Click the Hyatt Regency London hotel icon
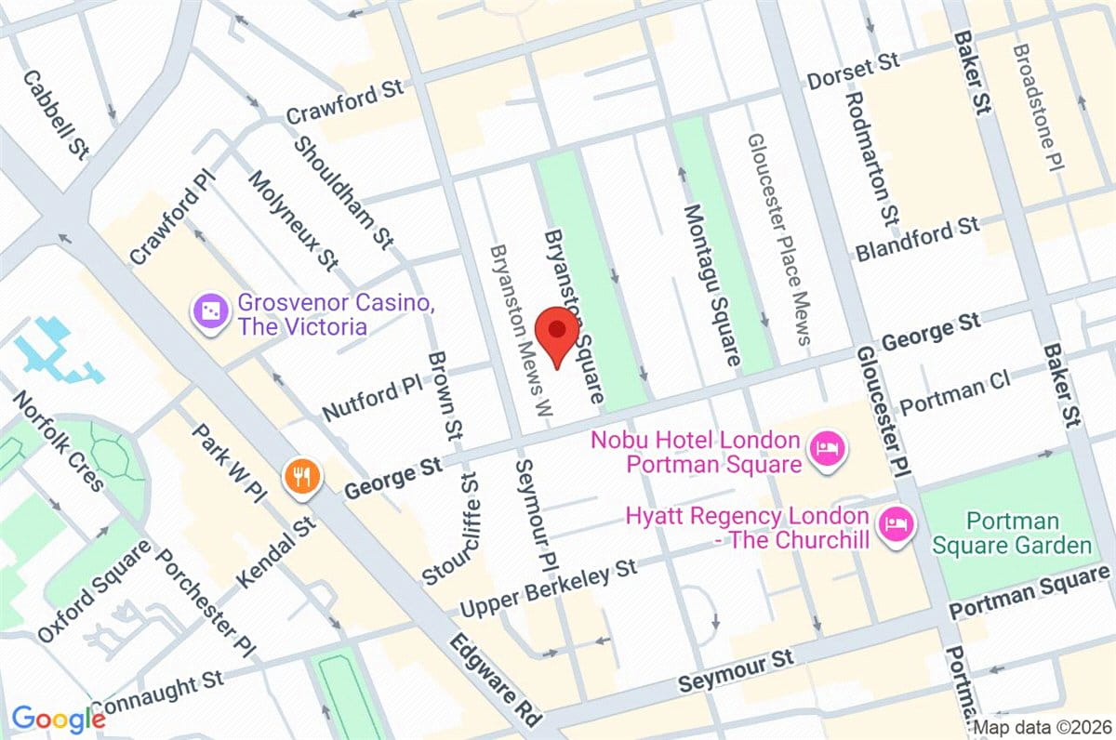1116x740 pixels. pyautogui.click(x=896, y=525)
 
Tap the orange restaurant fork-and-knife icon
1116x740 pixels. pyautogui.click(x=302, y=476)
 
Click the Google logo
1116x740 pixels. pyautogui.click(x=58, y=718)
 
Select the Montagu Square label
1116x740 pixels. pyautogui.click(x=712, y=284)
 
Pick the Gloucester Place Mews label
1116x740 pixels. pyautogui.click(x=778, y=239)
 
